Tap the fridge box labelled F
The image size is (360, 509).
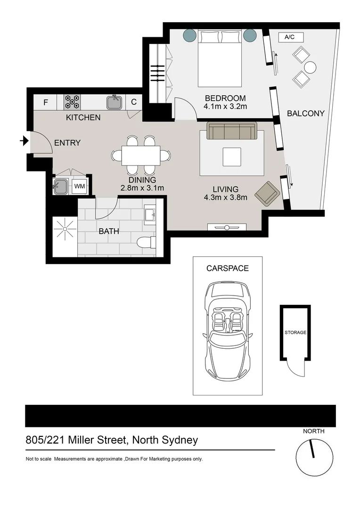pyautogui.click(x=46, y=102)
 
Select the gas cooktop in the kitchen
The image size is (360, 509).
pyautogui.click(x=72, y=102)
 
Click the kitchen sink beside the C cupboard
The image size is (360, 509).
pyautogui.click(x=114, y=102)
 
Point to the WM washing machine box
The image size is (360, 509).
pyautogui.click(x=80, y=186)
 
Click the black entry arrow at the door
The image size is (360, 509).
pyautogui.click(x=24, y=140)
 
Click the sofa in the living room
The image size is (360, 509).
pyautogui.click(x=232, y=131)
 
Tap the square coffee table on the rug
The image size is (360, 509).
pyautogui.click(x=232, y=156)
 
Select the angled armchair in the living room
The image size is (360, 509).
pyautogui.click(x=267, y=193)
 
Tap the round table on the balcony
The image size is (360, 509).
pyautogui.click(x=310, y=67)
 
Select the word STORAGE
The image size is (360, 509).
pyautogui.click(x=295, y=332)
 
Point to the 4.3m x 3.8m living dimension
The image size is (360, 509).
pyautogui.click(x=225, y=197)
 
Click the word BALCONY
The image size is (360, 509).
pyautogui.click(x=306, y=113)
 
